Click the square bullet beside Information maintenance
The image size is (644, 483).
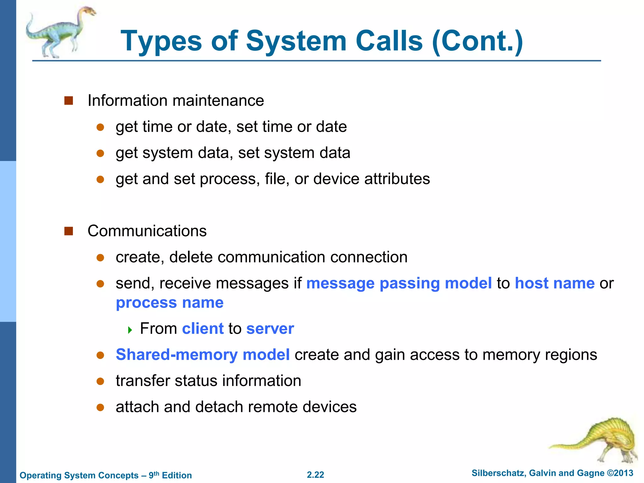tap(69, 101)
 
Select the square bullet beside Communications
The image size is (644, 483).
tap(69, 231)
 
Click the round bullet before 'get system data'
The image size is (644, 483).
tap(100, 153)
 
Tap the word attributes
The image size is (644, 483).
tap(397, 179)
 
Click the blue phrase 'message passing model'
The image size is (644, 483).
tap(399, 283)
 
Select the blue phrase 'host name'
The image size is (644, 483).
tap(554, 283)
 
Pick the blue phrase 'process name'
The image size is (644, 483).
tap(169, 303)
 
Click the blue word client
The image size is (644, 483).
tap(203, 329)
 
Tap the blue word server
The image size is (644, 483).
tap(270, 329)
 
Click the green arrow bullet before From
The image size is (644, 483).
tap(130, 330)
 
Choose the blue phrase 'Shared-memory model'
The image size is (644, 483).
tap(203, 355)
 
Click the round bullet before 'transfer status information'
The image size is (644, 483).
tap(100, 381)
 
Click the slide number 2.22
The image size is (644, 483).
tap(315, 475)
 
